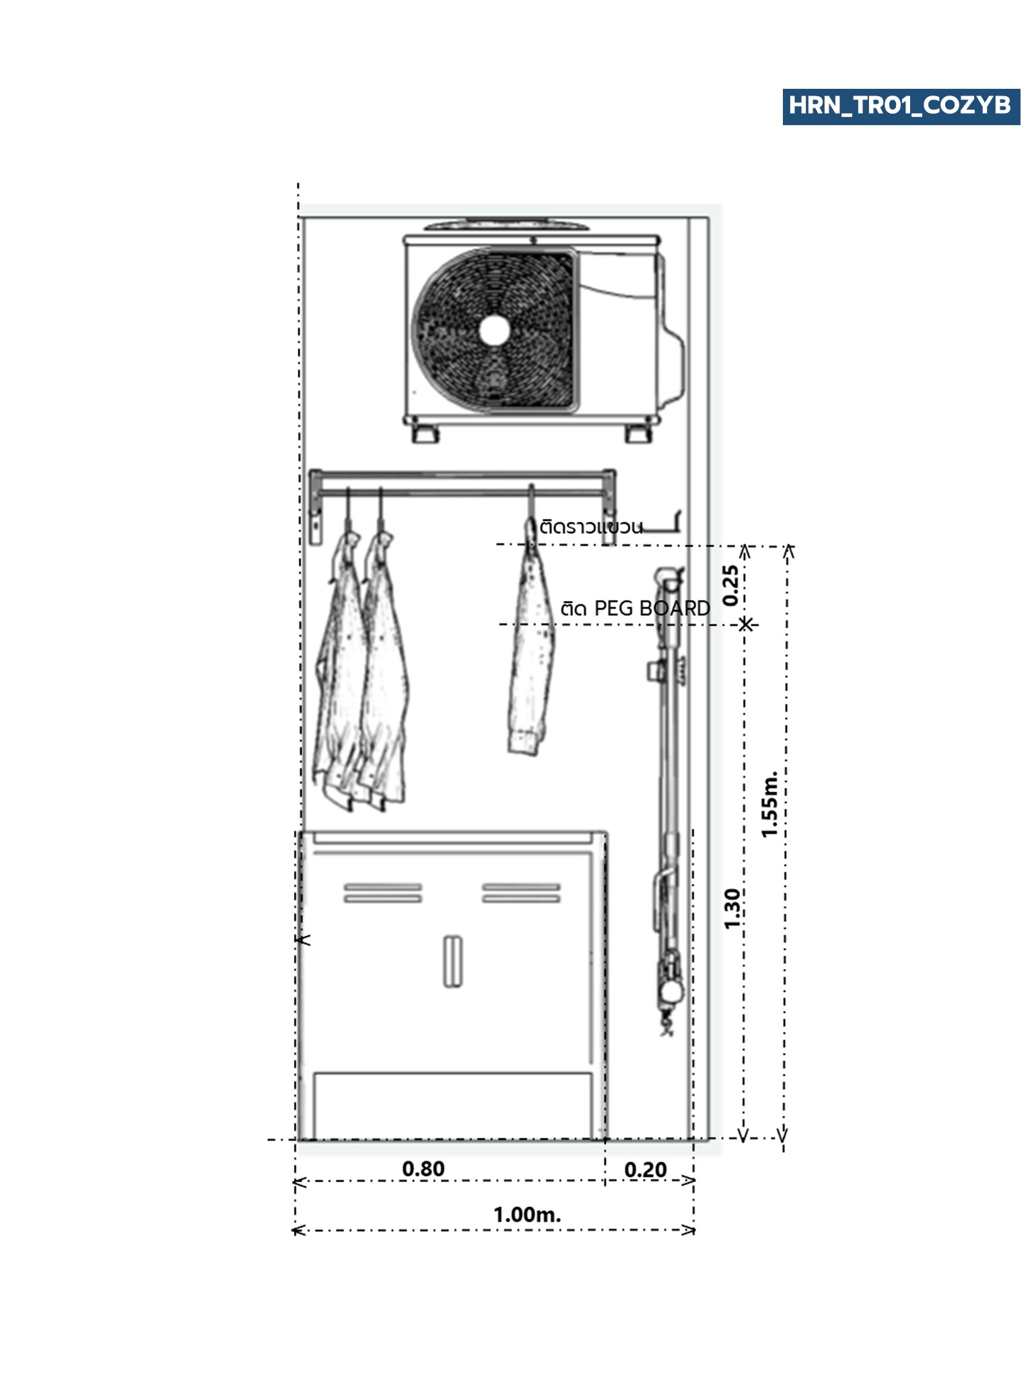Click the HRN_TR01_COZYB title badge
point(901,106)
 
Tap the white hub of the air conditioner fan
point(495,330)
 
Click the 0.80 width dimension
point(423,1169)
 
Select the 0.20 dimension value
point(646,1170)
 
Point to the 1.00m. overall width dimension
point(527,1214)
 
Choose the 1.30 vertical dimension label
point(732,908)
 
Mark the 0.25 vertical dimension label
point(731,585)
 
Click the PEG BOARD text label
point(652,608)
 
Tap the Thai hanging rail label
point(591,526)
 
